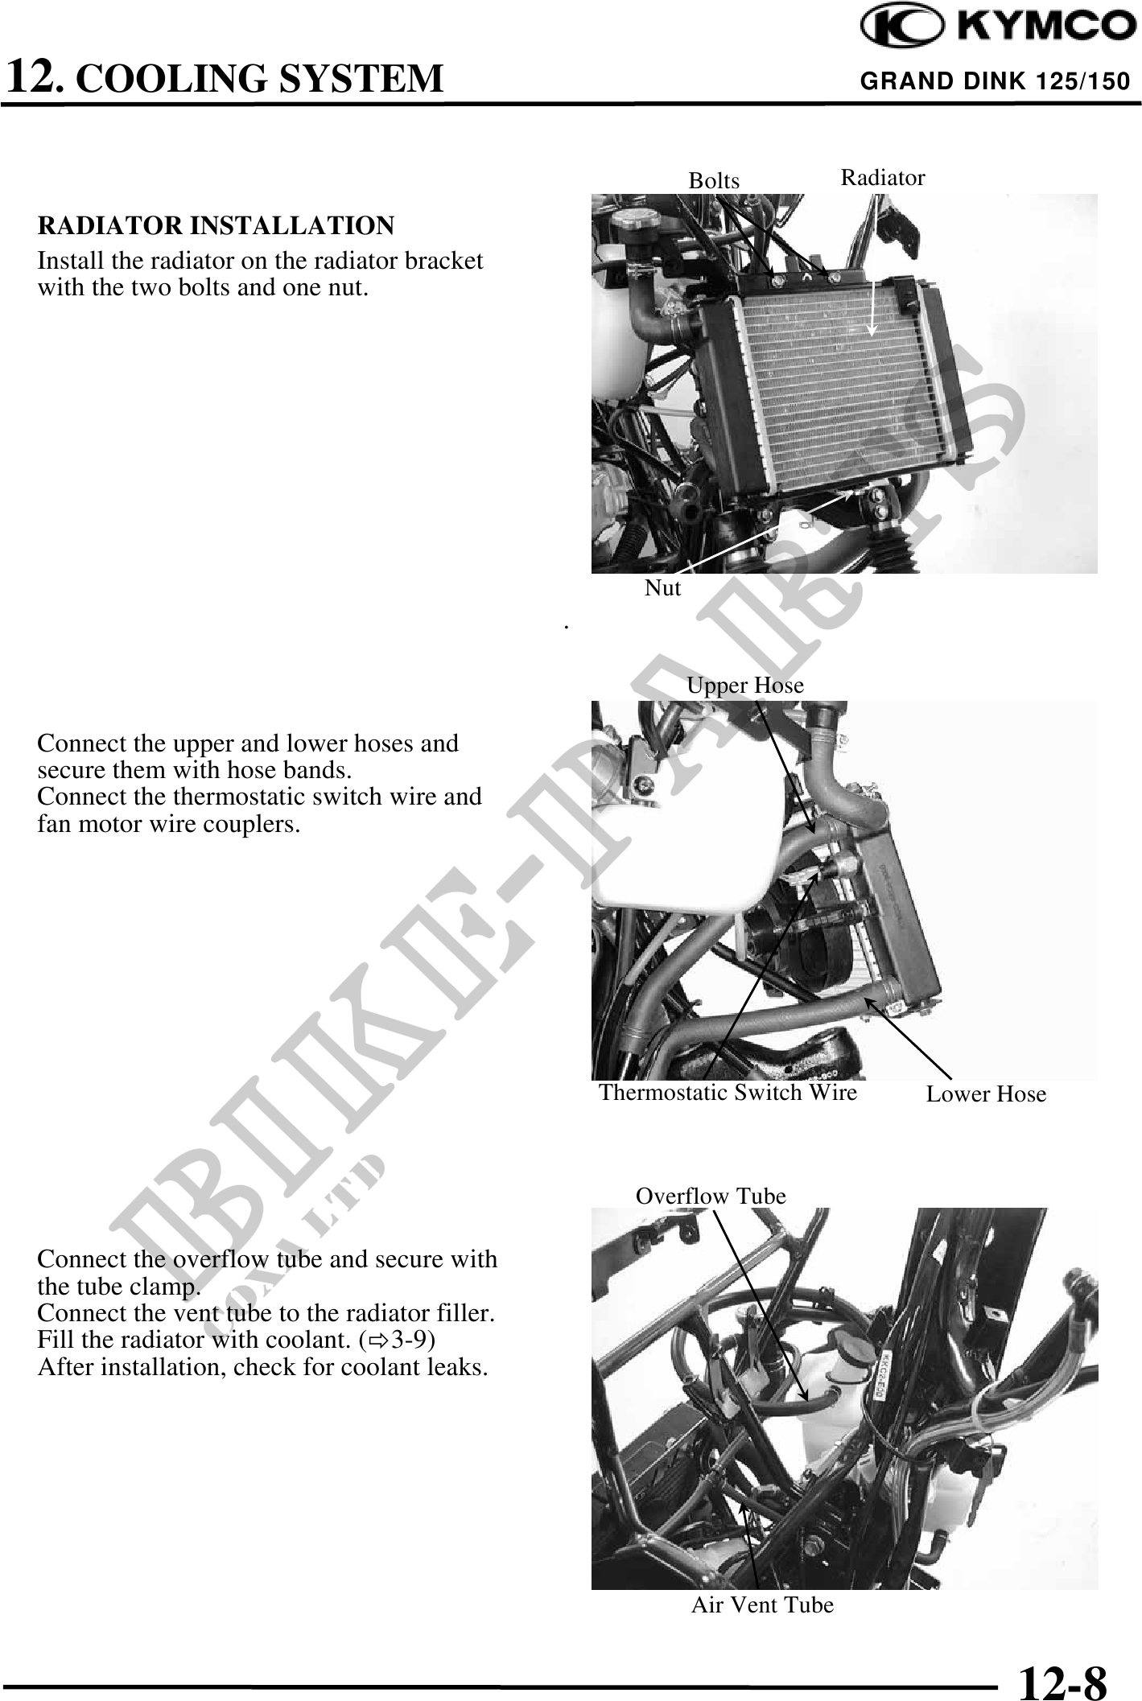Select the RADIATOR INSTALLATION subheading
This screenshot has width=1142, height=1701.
(x=216, y=226)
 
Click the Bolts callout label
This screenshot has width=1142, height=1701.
(x=713, y=181)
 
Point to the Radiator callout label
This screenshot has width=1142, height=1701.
(x=882, y=178)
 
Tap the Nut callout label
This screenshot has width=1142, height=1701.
(x=662, y=588)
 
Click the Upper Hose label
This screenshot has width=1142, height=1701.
(x=744, y=685)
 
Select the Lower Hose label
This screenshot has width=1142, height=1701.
(x=985, y=1093)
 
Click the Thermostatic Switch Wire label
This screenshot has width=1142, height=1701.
(x=728, y=1092)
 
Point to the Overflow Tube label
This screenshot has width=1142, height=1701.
(x=710, y=1196)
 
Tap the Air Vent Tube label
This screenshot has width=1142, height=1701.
(x=761, y=1604)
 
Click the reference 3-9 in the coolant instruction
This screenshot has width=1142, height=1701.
(x=413, y=1340)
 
